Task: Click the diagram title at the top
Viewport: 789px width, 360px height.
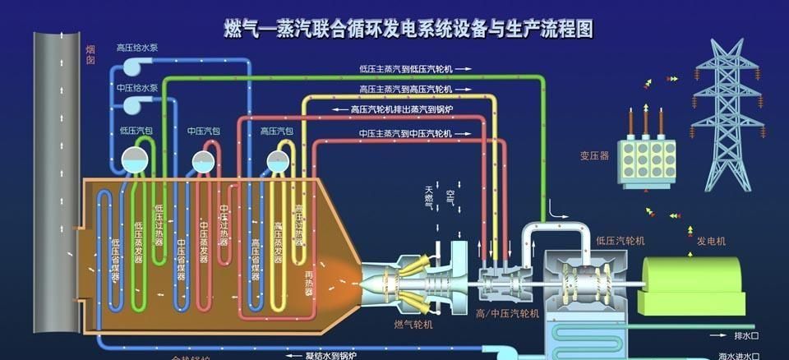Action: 408,30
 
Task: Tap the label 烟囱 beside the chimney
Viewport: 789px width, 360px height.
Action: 91,54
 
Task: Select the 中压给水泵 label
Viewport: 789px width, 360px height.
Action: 137,87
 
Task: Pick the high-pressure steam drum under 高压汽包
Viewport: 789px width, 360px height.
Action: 277,160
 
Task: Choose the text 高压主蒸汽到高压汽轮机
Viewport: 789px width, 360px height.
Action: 406,89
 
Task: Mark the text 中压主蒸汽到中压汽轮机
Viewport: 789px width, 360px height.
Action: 406,132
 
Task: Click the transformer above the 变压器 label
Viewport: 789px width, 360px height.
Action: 647,156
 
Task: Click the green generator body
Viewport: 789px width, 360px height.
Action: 690,284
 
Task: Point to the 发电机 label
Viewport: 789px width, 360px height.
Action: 712,241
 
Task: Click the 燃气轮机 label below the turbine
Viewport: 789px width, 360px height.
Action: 413,325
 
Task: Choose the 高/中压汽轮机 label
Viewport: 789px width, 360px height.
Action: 506,313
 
